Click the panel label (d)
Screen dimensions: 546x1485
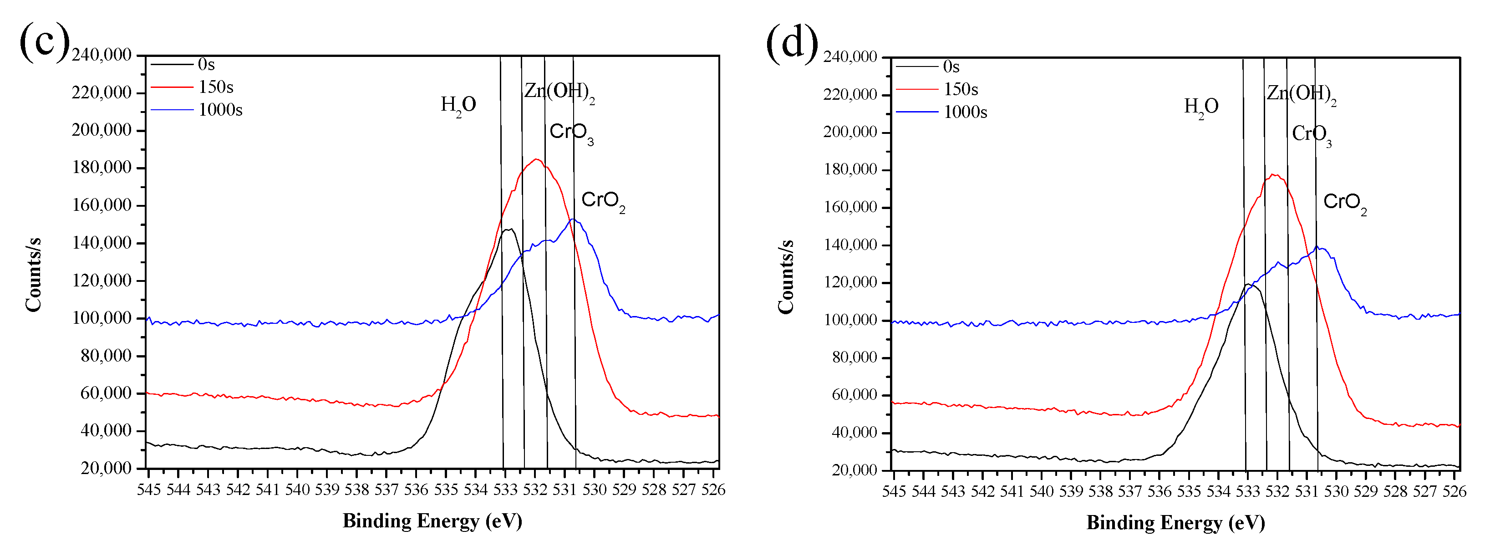coord(792,43)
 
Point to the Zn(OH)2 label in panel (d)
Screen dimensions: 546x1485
coord(1301,93)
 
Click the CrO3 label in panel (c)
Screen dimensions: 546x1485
coord(571,133)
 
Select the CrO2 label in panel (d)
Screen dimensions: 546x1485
coord(1344,202)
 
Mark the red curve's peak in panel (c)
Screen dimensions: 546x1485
coord(537,159)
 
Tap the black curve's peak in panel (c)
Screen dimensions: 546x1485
coord(509,229)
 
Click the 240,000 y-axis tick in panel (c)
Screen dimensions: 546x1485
coord(102,55)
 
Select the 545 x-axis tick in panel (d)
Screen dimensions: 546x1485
coord(894,491)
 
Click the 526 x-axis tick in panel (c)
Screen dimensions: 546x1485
coord(713,490)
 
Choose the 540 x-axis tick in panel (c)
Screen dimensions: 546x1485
coord(297,490)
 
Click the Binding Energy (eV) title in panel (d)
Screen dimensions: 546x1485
coord(1175,522)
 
